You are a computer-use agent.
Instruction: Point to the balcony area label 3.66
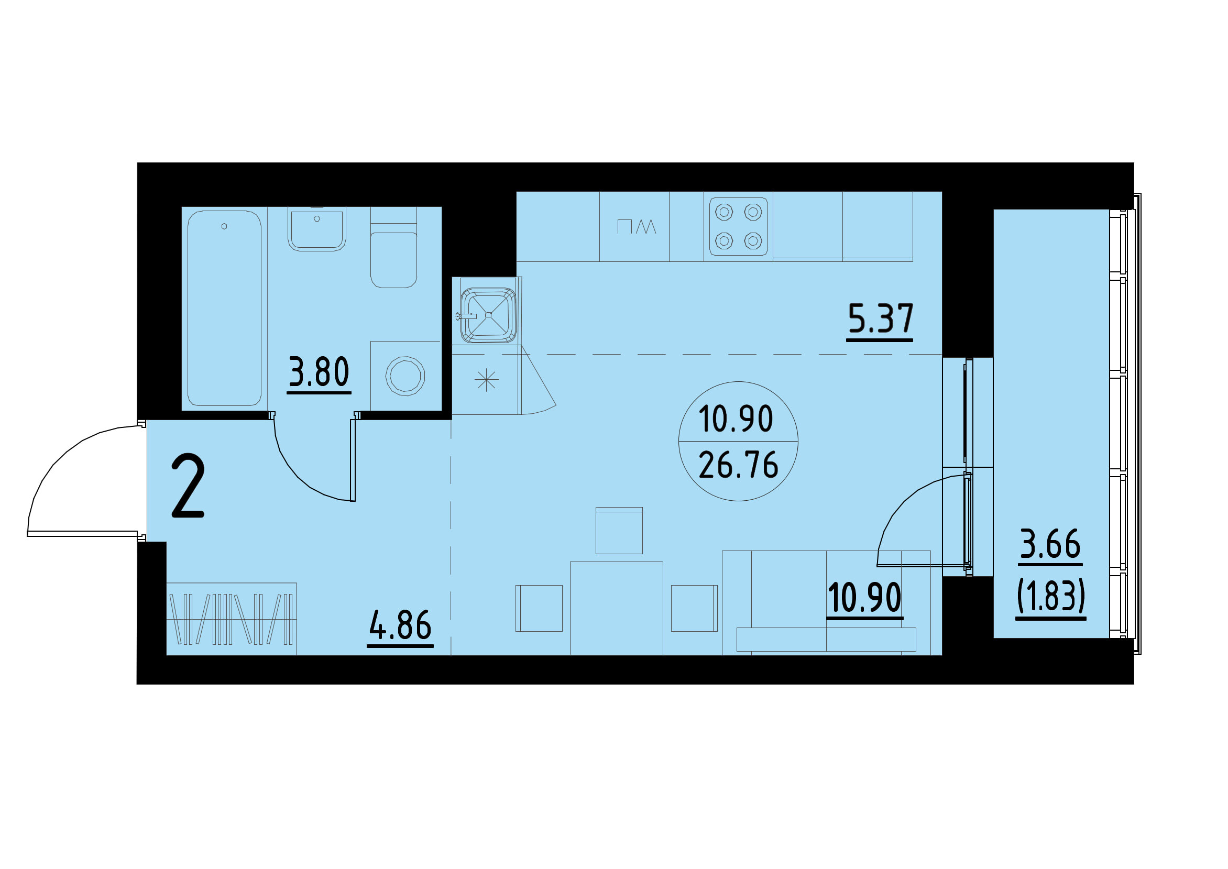pos(1050,544)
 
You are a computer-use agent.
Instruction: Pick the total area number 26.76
pos(738,466)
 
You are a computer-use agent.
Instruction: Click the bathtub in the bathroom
pos(224,307)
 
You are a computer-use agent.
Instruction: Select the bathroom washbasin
pos(317,229)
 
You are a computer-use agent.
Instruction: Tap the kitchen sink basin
pos(487,315)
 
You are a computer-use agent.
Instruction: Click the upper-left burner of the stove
pos(724,213)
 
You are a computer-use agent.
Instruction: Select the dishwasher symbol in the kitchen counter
pos(636,226)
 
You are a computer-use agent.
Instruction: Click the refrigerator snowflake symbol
pos(486,380)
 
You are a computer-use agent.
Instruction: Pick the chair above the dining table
pos(619,531)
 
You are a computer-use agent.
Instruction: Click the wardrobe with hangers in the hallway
pos(231,619)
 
